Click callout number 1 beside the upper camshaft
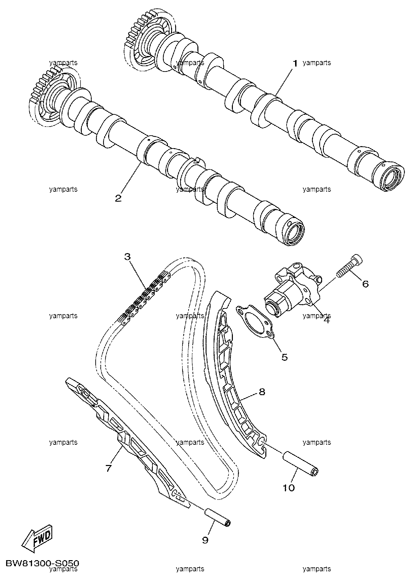coord(295,63)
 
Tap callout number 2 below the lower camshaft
coord(118,198)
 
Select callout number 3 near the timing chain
coord(127,256)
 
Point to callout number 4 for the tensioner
coord(327,320)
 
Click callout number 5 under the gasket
coord(285,357)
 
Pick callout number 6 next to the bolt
coord(365,284)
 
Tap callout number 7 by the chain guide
coord(108,468)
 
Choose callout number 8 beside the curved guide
coord(262,392)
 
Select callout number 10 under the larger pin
coord(289,488)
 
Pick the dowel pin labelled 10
coord(301,464)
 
